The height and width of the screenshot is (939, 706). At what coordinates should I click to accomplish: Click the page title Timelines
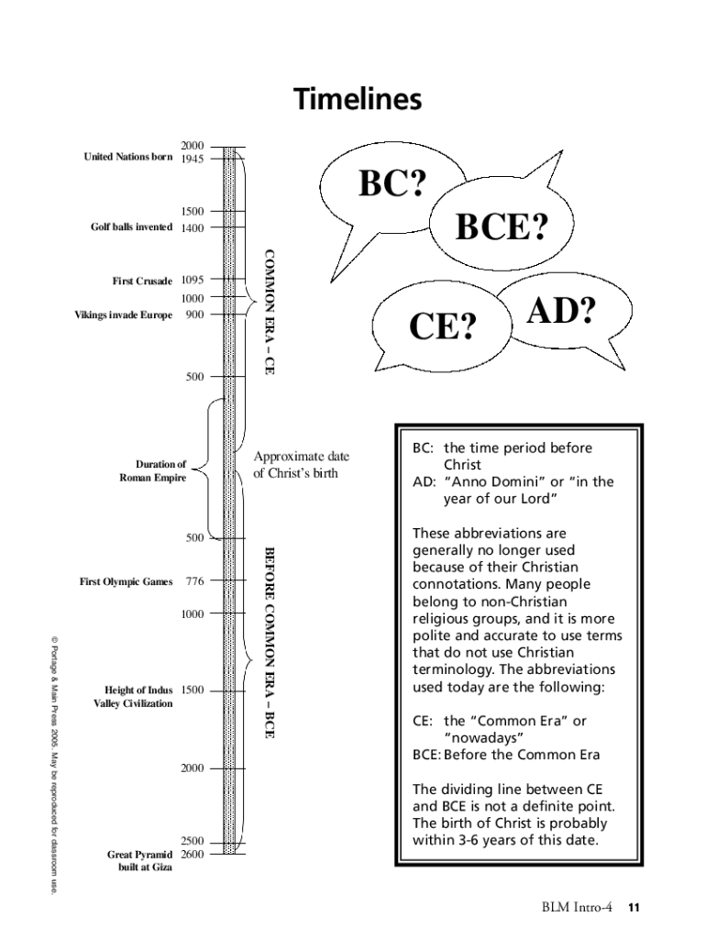coord(358,99)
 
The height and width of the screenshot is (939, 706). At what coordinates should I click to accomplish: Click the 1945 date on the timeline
coord(192,159)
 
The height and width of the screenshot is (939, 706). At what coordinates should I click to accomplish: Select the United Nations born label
coord(127,157)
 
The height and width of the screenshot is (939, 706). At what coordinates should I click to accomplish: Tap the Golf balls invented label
coord(130,227)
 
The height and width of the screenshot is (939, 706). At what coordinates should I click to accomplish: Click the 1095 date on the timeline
coord(192,281)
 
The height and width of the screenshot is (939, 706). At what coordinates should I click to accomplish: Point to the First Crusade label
coord(142,282)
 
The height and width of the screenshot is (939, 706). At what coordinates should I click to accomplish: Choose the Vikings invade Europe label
coord(123,315)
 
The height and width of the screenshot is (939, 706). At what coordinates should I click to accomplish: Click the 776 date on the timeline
coord(194,581)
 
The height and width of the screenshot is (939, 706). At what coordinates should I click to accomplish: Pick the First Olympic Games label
coord(126,581)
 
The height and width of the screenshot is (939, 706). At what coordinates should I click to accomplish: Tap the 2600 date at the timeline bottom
coord(192,854)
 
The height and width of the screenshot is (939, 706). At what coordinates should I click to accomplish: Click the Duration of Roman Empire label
coord(152,471)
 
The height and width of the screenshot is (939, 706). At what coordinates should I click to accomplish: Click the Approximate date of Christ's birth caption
coord(301,465)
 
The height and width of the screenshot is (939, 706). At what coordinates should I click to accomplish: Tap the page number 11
coord(633,908)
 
